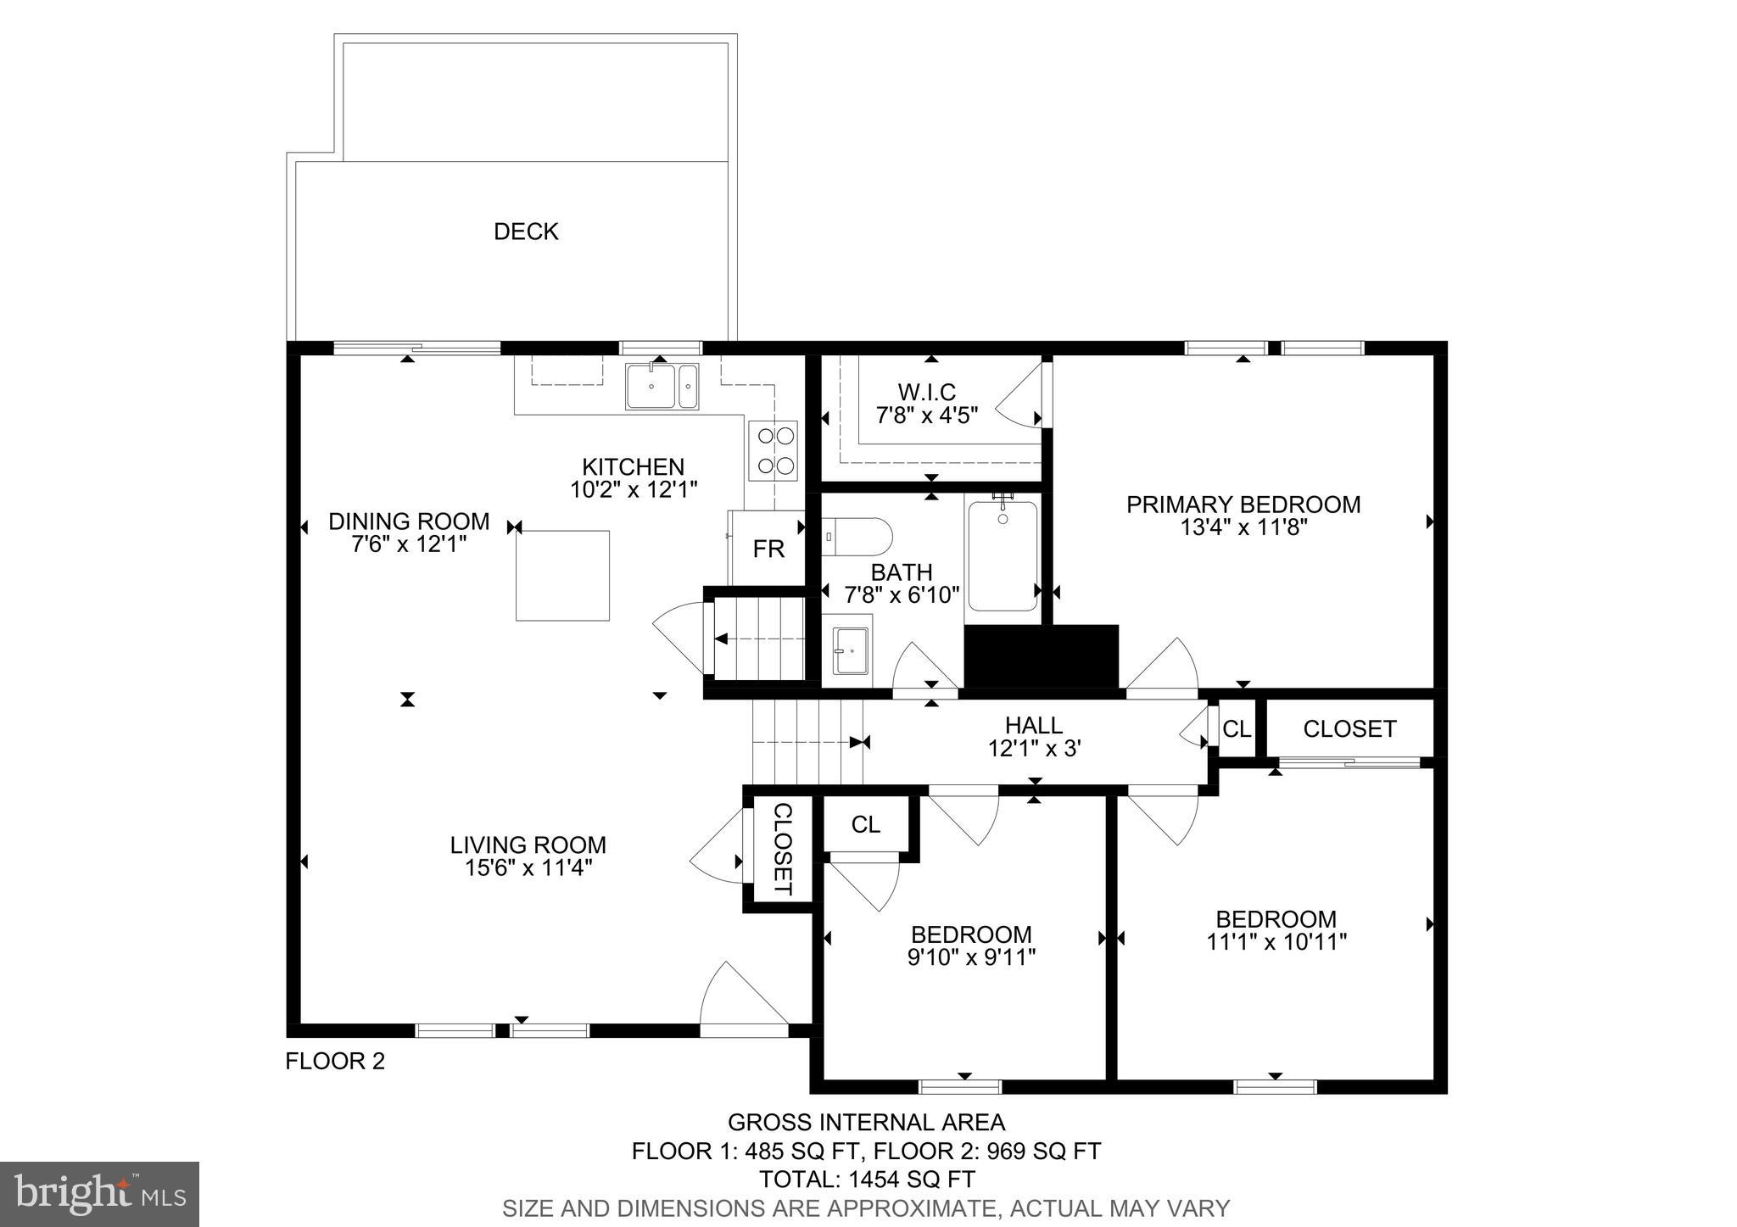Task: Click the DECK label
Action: (x=526, y=231)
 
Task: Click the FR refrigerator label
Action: (x=768, y=549)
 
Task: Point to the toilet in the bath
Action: (x=858, y=536)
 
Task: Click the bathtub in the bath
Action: (x=1003, y=555)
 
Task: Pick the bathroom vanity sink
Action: (x=851, y=651)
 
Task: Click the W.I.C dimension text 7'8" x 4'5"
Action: (x=926, y=416)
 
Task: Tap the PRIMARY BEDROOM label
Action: (x=1243, y=505)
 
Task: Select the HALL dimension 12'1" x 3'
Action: (x=1033, y=749)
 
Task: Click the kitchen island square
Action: (x=563, y=575)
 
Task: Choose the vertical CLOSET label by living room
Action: (x=782, y=849)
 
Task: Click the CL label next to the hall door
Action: (x=1236, y=728)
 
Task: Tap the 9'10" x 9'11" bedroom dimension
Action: (x=971, y=957)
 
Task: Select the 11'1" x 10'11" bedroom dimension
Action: (x=1276, y=942)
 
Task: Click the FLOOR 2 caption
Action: (x=335, y=1061)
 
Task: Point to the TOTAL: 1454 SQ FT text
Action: (x=866, y=1179)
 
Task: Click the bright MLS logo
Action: (x=99, y=1194)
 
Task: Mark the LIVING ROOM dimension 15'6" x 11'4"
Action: (x=528, y=867)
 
